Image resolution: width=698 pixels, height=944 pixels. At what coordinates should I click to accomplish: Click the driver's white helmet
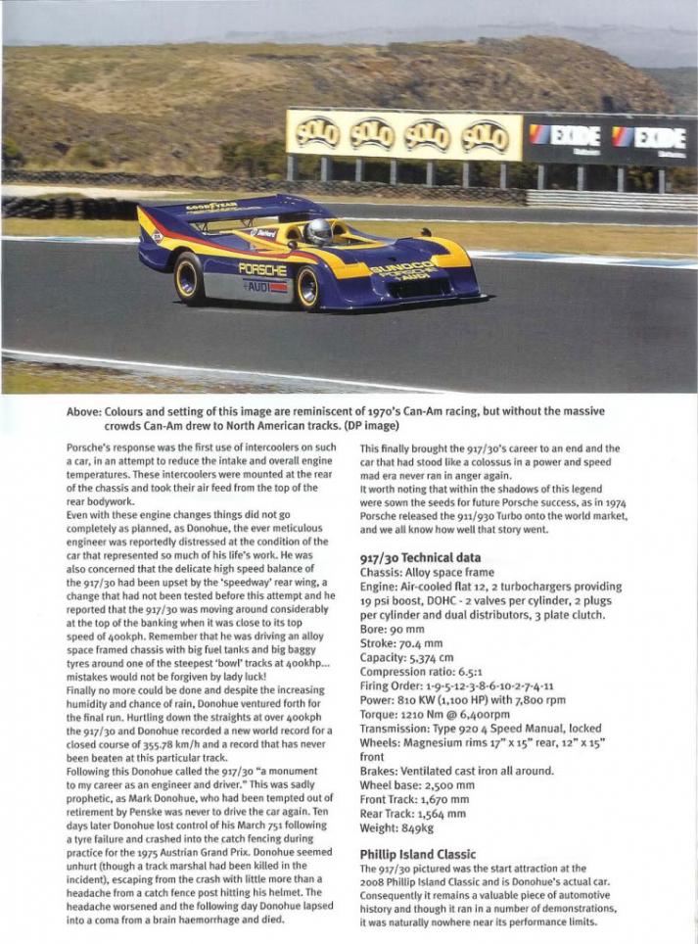tap(318, 231)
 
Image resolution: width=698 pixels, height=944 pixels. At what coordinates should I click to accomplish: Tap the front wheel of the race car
tap(308, 287)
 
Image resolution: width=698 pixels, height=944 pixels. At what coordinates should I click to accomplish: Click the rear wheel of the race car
tap(188, 278)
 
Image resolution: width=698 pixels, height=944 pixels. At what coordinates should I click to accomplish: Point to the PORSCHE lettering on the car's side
tap(262, 269)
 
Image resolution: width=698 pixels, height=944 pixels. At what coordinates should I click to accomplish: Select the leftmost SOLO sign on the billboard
tap(318, 133)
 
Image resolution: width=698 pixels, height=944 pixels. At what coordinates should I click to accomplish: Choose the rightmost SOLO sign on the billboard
tap(486, 135)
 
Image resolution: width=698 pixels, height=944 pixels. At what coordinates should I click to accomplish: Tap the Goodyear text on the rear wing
tap(212, 207)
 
